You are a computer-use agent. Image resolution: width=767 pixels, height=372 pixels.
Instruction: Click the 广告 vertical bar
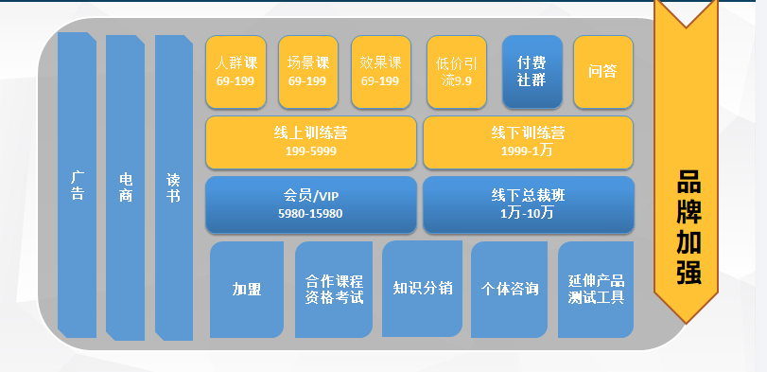77,186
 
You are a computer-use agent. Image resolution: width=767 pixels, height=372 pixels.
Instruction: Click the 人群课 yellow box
236,72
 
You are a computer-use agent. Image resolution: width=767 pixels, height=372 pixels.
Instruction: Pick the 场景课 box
308,72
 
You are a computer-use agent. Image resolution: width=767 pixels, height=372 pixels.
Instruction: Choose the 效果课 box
380,72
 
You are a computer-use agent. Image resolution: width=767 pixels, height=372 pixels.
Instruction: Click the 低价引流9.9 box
457,72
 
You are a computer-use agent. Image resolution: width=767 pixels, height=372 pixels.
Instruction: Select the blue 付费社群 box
532,72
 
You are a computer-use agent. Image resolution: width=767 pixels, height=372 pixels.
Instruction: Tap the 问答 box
602,72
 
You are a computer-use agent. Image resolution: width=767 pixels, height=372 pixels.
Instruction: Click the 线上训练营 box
310,142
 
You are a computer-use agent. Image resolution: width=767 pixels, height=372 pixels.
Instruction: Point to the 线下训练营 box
528,142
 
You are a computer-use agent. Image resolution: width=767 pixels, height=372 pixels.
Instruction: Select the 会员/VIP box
310,204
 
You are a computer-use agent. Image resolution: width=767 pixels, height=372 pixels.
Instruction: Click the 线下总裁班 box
528,204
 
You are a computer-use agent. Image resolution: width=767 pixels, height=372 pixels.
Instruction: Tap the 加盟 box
247,290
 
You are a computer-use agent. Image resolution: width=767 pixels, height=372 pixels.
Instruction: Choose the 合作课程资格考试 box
334,290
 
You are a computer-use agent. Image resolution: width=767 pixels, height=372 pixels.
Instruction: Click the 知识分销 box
422,289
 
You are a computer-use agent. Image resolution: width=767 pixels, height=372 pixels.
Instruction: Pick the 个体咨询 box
509,289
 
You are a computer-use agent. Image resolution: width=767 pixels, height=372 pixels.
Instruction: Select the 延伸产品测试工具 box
596,290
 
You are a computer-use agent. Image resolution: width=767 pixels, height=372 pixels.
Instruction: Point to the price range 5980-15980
310,214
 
